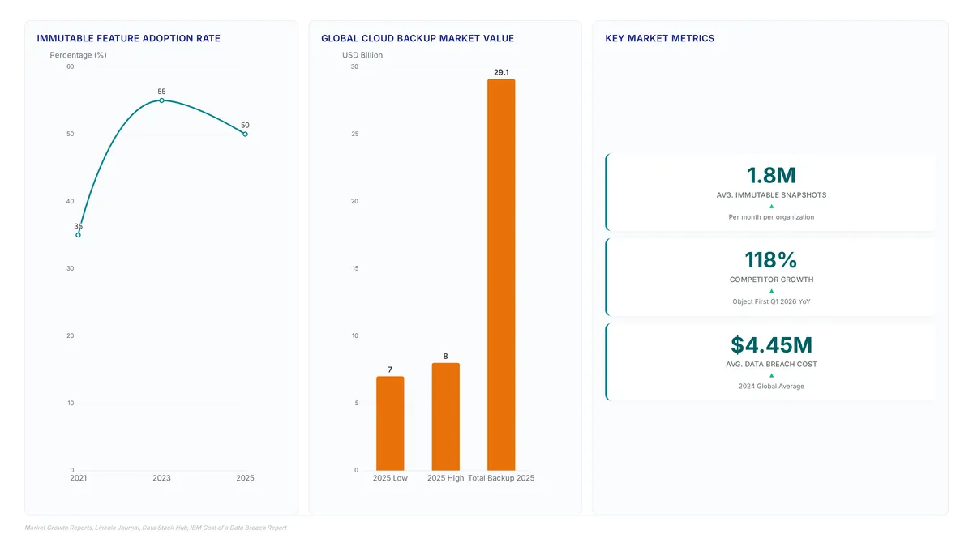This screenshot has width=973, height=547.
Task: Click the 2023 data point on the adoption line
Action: click(161, 100)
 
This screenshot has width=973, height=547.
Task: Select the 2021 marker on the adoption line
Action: click(78, 235)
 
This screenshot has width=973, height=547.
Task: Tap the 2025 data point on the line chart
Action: click(245, 135)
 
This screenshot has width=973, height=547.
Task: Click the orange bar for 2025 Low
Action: click(390, 423)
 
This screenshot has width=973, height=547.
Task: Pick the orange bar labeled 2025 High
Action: click(446, 417)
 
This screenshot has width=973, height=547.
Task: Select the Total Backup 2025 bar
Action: click(501, 275)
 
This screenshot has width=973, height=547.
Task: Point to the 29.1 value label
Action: click(501, 72)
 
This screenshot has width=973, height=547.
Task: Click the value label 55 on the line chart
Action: click(161, 92)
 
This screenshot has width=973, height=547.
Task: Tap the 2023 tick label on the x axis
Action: click(161, 478)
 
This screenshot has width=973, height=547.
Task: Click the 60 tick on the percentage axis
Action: click(71, 66)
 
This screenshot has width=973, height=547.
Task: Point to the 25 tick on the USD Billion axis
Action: click(355, 134)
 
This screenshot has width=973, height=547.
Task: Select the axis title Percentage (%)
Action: click(78, 55)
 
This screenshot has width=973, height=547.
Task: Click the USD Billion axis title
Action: click(362, 55)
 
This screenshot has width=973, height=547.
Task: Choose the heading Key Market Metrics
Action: click(659, 38)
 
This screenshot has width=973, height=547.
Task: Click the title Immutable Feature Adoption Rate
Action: click(129, 38)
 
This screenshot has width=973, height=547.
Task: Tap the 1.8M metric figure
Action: click(771, 175)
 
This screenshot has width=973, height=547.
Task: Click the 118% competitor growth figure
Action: click(771, 260)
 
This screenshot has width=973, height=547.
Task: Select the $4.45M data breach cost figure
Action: click(771, 344)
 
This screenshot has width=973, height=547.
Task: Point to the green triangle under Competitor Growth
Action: click(771, 291)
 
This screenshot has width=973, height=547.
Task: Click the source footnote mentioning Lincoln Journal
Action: click(156, 528)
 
